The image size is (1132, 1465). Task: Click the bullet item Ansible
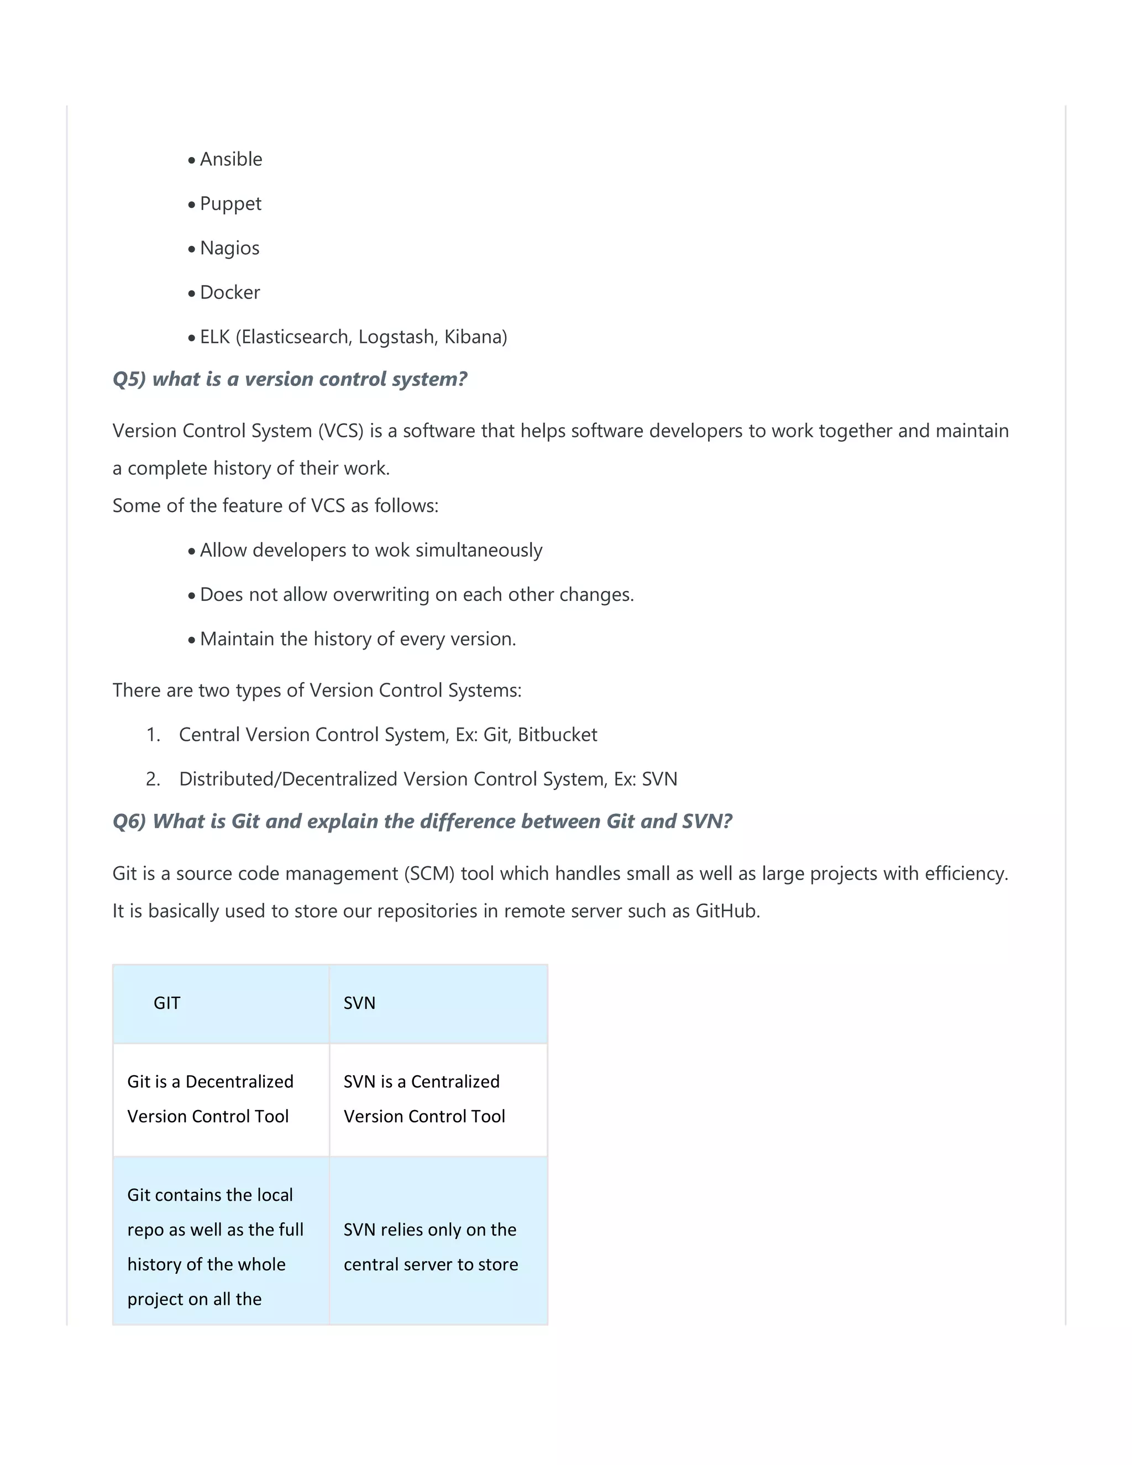(x=230, y=160)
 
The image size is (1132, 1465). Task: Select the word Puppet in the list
(x=230, y=204)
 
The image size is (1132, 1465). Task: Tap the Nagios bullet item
(x=229, y=248)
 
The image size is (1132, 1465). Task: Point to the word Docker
(x=229, y=292)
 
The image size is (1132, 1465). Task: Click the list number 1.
(x=153, y=735)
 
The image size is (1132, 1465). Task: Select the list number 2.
(x=153, y=779)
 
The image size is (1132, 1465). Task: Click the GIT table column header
(x=167, y=1003)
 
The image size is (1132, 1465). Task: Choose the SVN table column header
(x=359, y=1003)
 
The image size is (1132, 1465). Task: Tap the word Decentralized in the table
(x=239, y=1082)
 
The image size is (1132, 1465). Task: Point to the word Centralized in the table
(x=455, y=1082)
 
